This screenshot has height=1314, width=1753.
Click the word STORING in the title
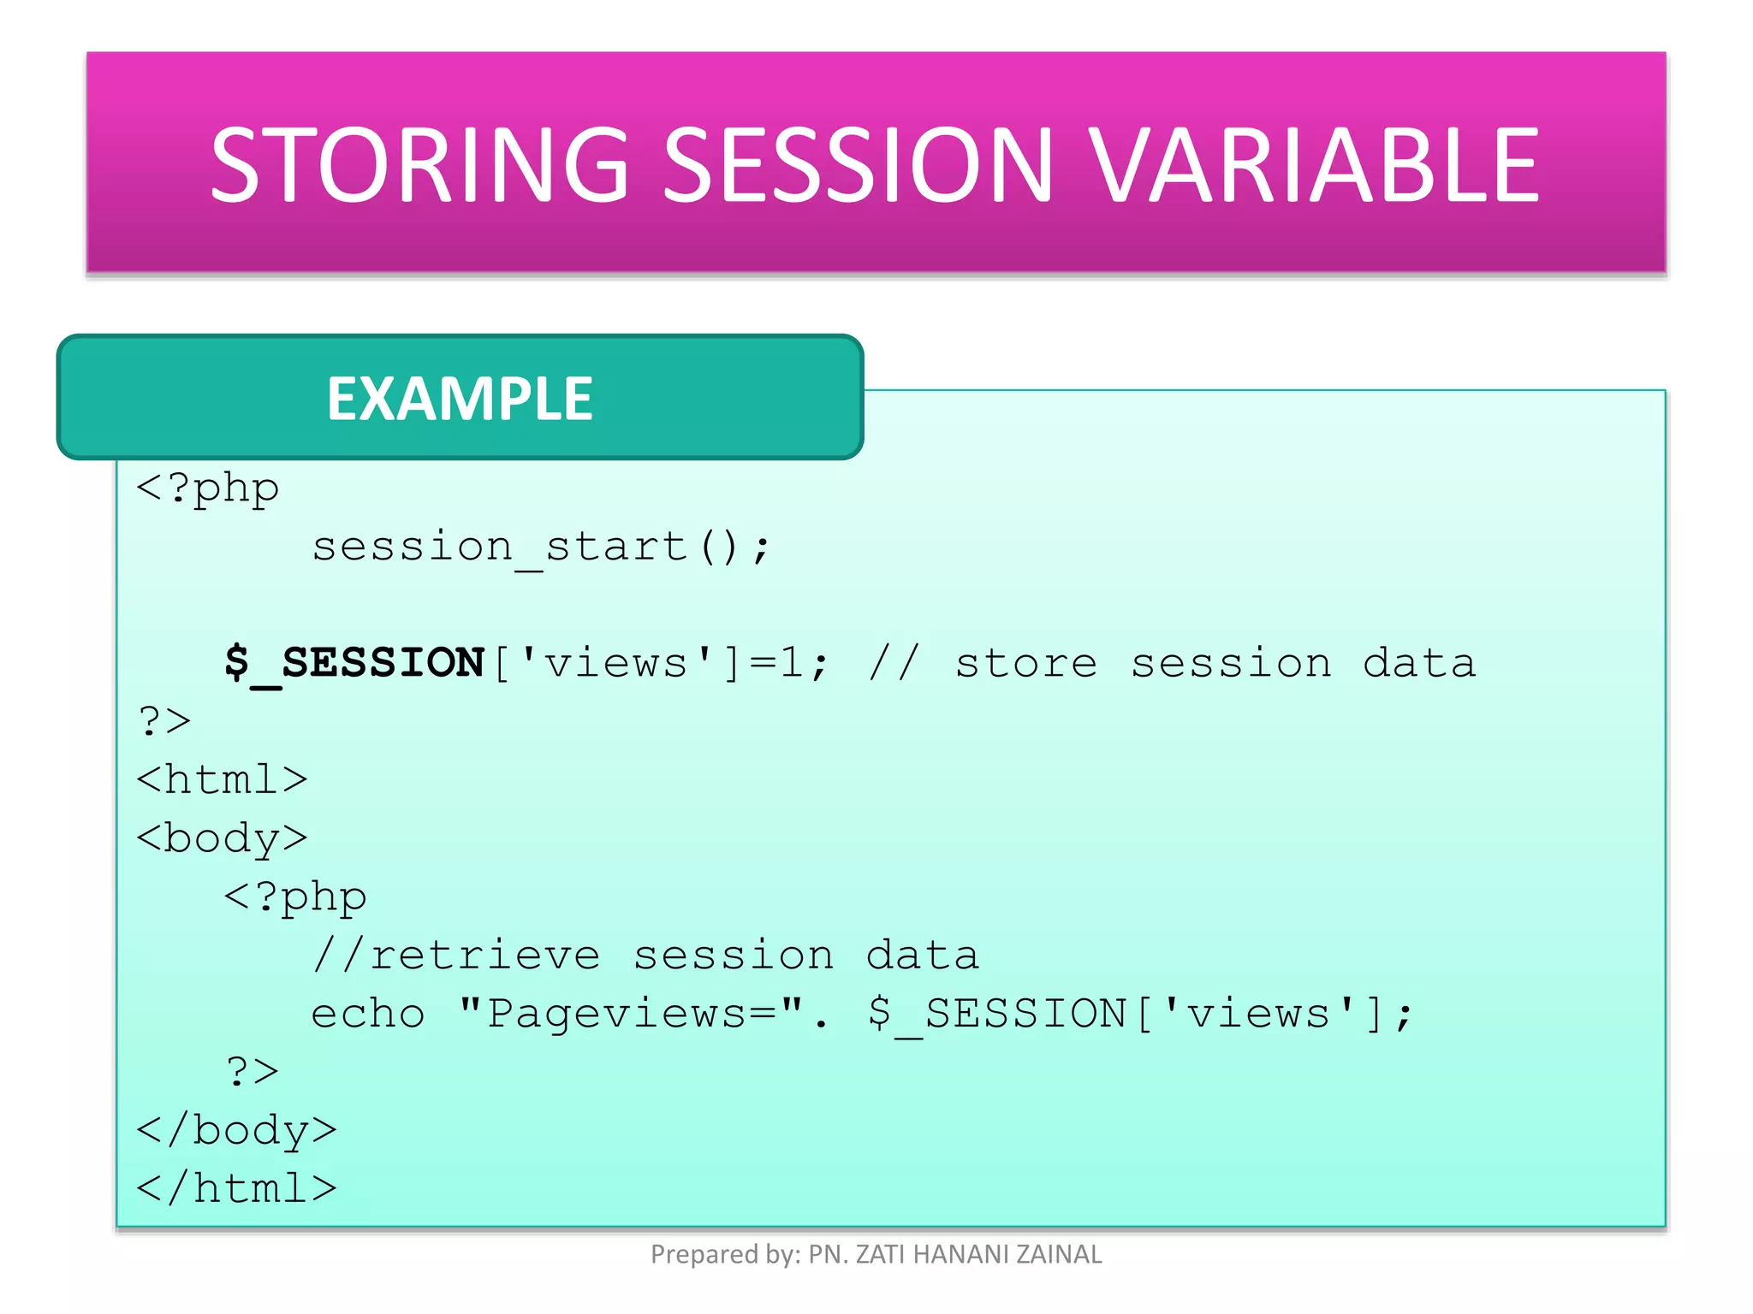click(x=419, y=164)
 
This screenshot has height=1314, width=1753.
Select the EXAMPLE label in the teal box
click(x=460, y=399)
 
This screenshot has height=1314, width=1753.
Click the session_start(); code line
click(x=541, y=547)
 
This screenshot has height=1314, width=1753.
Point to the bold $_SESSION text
click(x=354, y=664)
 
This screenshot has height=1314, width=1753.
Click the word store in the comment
click(x=1025, y=664)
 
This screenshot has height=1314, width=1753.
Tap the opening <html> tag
click(x=222, y=780)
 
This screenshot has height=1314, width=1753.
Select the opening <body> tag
click(x=222, y=838)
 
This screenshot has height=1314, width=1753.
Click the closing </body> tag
click(x=236, y=1131)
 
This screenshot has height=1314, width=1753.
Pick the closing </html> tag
click(x=236, y=1189)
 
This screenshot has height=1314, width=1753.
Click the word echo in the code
click(x=368, y=1015)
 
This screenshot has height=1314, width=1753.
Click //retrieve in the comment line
click(x=456, y=956)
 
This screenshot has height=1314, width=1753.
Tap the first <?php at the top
click(x=208, y=489)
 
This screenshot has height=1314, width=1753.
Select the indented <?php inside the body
click(x=295, y=897)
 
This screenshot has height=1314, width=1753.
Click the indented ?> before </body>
click(x=253, y=1072)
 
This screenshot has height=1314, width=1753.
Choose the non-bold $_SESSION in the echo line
click(x=996, y=1015)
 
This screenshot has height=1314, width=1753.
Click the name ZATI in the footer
click(x=881, y=1254)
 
